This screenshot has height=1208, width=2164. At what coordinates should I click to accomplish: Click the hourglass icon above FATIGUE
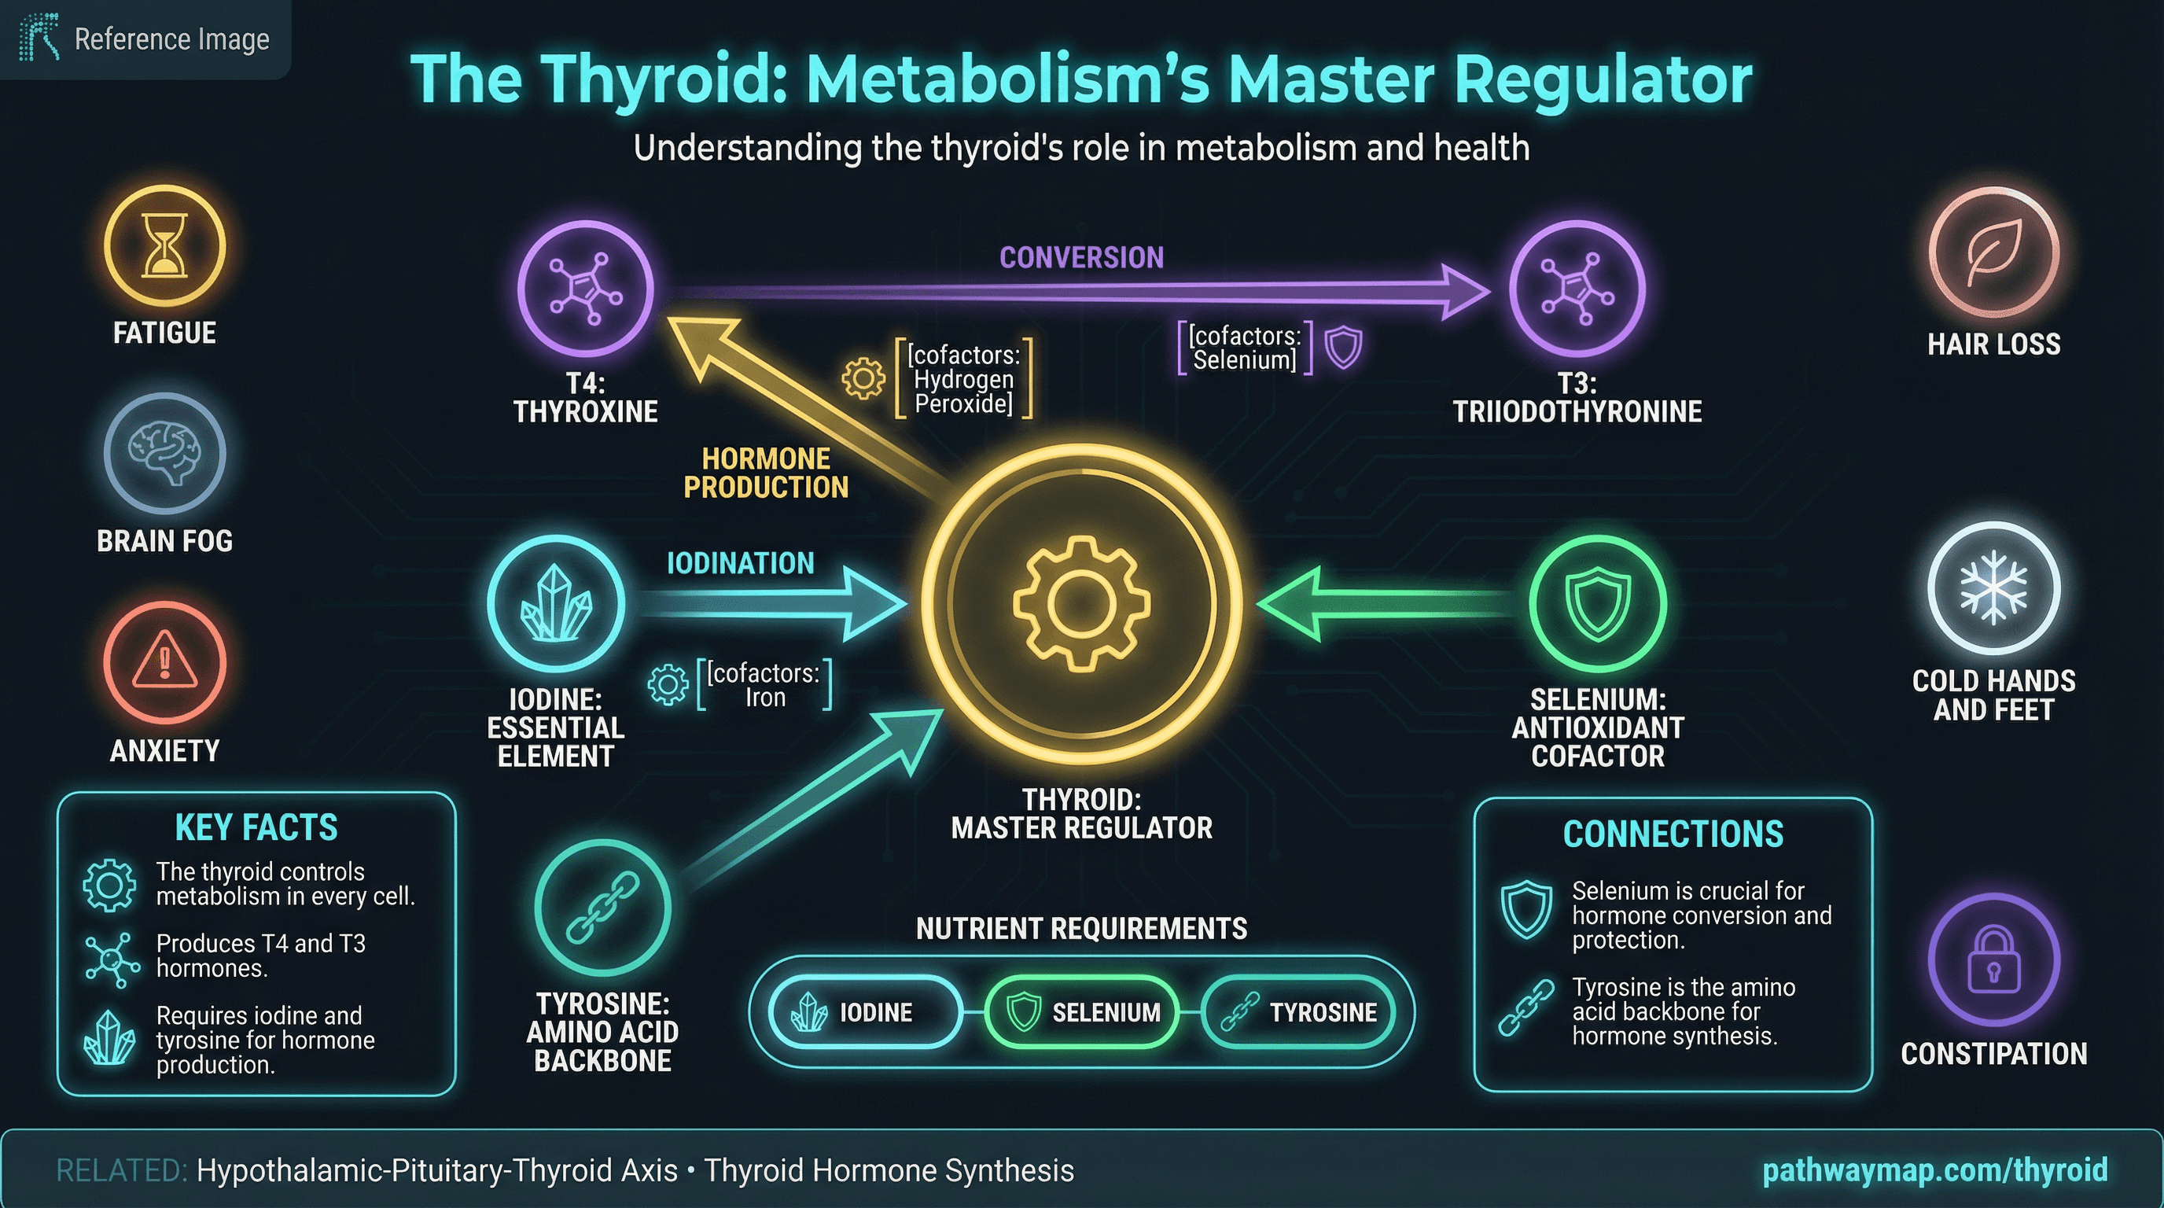tap(164, 245)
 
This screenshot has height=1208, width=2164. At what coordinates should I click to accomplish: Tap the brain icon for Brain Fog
tap(164, 453)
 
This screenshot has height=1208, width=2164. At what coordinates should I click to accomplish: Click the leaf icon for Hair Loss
tap(1993, 251)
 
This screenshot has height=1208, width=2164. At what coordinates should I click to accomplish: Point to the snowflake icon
tap(1993, 588)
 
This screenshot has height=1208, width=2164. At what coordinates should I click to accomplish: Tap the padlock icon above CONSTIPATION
tap(1993, 959)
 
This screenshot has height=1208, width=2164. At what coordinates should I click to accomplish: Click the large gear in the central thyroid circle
tap(1081, 603)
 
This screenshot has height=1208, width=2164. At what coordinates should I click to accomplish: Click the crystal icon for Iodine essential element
tap(556, 603)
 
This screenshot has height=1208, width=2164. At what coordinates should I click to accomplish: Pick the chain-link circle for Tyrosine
tap(602, 908)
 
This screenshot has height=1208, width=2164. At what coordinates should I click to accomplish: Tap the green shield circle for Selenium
tap(1597, 603)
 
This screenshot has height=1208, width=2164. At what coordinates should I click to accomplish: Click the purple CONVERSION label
tap(1081, 257)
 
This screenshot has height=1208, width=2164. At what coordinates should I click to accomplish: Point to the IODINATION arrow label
tap(740, 563)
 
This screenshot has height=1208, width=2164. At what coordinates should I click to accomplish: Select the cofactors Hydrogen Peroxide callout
tap(963, 379)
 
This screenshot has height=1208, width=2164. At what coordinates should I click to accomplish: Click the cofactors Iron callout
tap(764, 685)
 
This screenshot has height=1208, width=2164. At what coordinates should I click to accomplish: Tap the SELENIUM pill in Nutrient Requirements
tap(1081, 1012)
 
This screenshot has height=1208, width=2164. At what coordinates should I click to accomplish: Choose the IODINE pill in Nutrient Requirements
tap(864, 1012)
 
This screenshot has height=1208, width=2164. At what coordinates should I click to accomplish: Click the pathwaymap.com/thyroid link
tap(1934, 1169)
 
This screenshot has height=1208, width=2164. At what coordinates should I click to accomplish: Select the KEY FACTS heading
tap(256, 827)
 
